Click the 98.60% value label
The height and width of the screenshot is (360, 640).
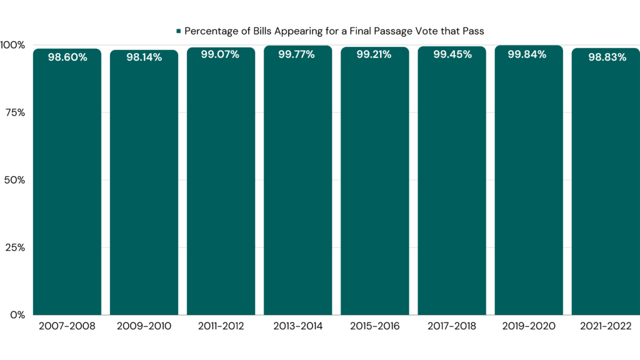click(67, 57)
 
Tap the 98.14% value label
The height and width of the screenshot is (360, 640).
click(144, 57)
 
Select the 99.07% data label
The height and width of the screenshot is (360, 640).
click(220, 54)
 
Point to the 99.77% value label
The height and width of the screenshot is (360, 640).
click(297, 54)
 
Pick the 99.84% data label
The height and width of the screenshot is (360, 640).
click(527, 54)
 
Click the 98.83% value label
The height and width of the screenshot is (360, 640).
click(606, 57)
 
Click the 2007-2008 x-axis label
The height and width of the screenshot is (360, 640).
click(67, 326)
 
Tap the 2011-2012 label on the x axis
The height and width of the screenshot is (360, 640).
click(221, 326)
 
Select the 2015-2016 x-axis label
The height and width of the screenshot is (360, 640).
click(374, 326)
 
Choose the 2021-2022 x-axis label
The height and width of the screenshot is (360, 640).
click(605, 326)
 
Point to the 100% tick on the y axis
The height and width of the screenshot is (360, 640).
click(12, 45)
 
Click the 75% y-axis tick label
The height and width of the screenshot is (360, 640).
click(15, 112)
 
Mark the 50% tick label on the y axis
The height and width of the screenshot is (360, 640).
click(15, 180)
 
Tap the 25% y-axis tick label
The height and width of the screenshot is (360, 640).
click(15, 247)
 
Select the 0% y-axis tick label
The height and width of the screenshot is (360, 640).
click(17, 314)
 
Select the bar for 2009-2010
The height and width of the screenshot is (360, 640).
click(144, 187)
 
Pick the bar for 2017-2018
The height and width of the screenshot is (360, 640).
click(451, 187)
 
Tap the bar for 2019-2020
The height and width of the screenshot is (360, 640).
click(528, 187)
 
